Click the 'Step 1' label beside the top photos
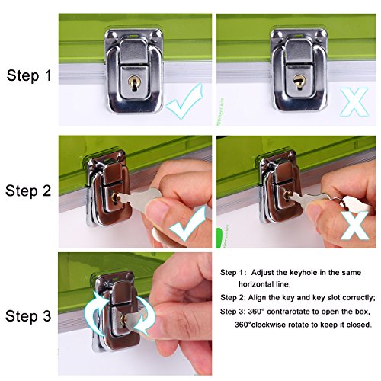[x=29, y=75]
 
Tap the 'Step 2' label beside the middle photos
[x=28, y=191]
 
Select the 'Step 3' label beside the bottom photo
[x=28, y=316]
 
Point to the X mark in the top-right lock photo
[x=354, y=101]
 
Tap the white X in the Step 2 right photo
[x=355, y=225]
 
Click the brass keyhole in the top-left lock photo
[x=133, y=82]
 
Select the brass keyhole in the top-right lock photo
[x=298, y=82]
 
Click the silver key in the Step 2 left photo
[x=139, y=197]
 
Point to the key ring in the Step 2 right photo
[x=343, y=203]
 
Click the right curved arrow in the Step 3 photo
[x=145, y=315]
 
